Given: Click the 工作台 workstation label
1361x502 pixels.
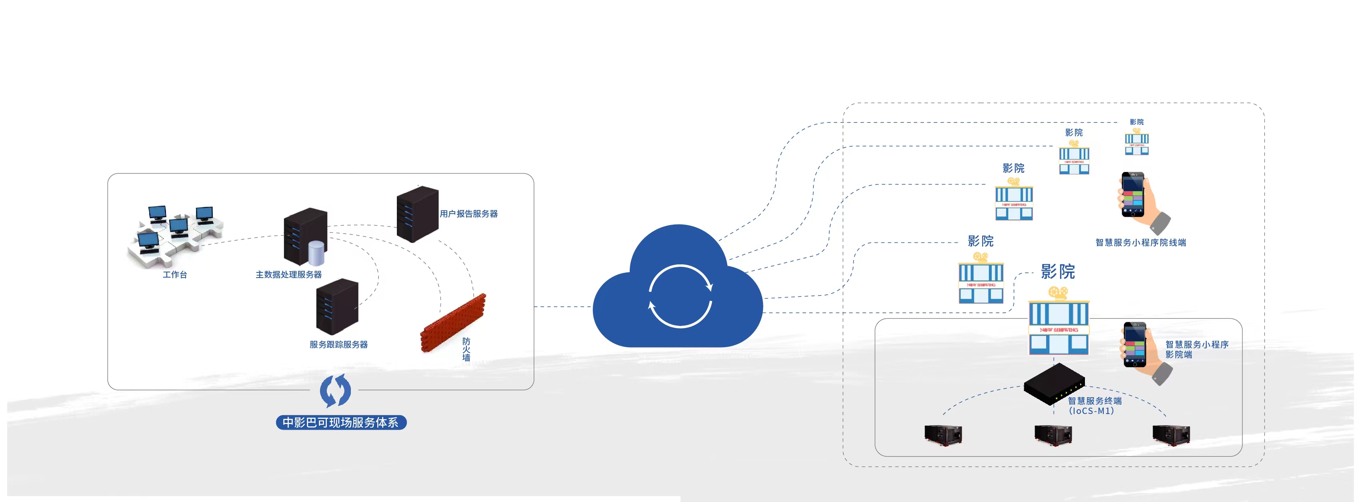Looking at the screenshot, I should (x=174, y=275).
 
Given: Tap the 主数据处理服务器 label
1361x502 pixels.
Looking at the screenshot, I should (x=288, y=275).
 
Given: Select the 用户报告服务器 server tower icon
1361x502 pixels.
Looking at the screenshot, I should (x=417, y=214).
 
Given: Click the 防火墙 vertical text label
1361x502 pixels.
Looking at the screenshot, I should (x=466, y=349).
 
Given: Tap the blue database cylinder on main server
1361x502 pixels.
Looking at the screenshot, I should (x=316, y=253).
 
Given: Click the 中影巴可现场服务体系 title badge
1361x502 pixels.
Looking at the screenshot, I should (x=341, y=423).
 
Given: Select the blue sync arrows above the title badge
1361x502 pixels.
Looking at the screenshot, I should (x=336, y=391).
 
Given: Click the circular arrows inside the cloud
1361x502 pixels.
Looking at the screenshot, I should (x=680, y=296).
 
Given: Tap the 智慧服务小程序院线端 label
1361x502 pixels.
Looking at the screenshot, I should (x=1141, y=242).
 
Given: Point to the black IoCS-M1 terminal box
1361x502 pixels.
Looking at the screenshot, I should (x=1054, y=384).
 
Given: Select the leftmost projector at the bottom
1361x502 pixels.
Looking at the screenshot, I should (x=943, y=435).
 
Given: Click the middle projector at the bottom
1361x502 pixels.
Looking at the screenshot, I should (x=1053, y=435).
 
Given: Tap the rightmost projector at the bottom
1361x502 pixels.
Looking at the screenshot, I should (x=1171, y=435).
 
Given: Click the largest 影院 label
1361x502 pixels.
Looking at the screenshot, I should (x=1058, y=272).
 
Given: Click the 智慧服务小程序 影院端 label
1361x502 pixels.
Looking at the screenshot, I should (x=1197, y=349).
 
